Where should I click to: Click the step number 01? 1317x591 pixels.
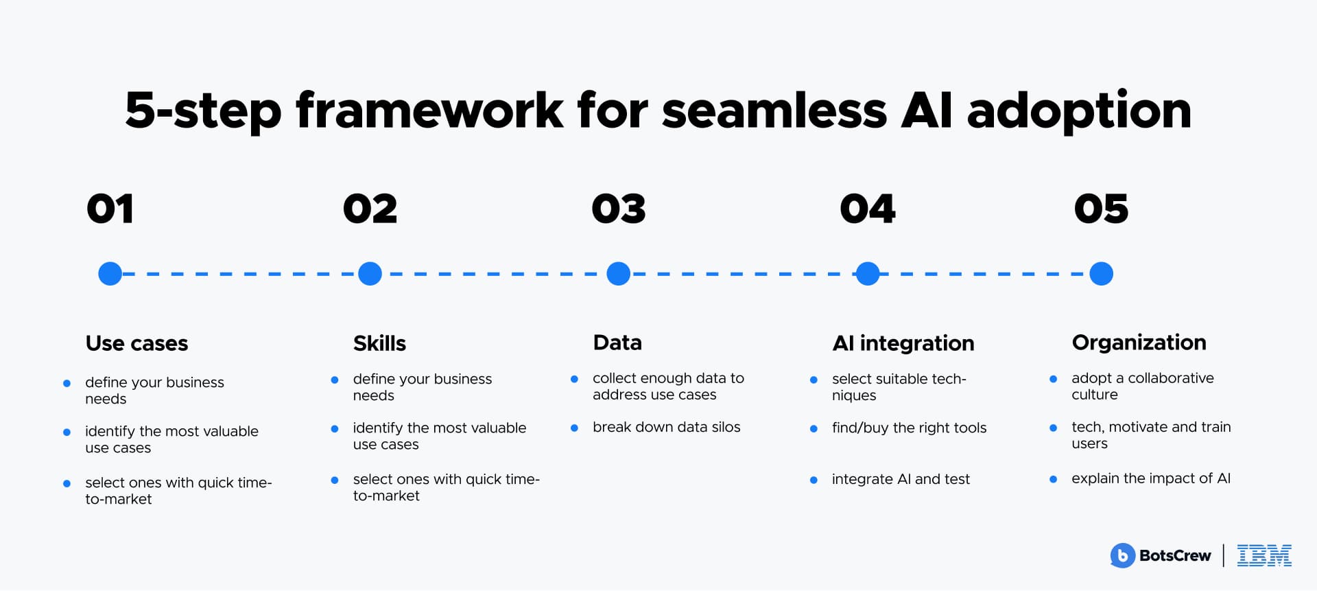coord(110,209)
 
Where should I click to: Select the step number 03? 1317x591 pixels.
coord(619,209)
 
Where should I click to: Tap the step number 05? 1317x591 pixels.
coord(1101,209)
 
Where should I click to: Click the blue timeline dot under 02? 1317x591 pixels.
coord(370,274)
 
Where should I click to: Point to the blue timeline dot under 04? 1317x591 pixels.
coord(868,274)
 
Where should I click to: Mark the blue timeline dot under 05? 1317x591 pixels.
coord(1101,274)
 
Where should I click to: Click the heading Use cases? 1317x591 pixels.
coord(137,343)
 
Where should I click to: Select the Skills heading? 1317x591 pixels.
coord(379,343)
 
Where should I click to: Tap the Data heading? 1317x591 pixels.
coord(617,343)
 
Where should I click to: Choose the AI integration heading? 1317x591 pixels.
coord(903,343)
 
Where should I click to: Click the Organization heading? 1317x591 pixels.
coord(1139,343)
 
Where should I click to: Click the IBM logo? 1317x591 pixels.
coord(1264,555)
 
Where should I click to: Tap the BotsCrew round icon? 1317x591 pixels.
coord(1122,555)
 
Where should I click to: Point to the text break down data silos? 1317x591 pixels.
coord(666,427)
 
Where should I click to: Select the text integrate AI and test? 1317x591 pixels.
coord(901,479)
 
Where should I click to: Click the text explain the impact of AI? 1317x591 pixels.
coord(1150,478)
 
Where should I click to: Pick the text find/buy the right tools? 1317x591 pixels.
coord(909,428)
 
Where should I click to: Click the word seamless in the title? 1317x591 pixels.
coord(774,111)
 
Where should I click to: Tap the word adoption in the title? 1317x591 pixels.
coord(1079,111)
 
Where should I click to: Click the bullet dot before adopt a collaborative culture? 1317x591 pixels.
coord(1053,379)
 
